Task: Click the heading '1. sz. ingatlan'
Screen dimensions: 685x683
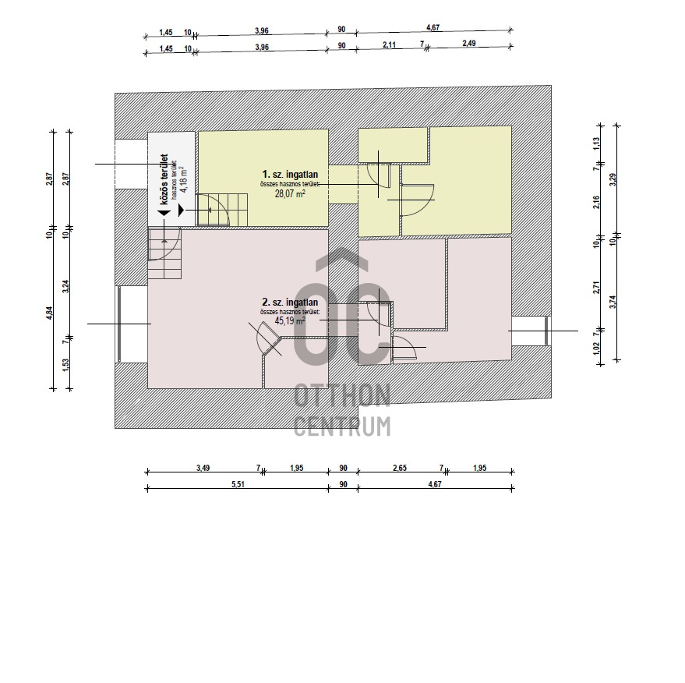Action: [290, 175]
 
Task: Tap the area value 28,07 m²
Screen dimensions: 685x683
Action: [290, 193]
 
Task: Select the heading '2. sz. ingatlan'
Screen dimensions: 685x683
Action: [290, 302]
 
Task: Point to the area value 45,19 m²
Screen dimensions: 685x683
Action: [290, 320]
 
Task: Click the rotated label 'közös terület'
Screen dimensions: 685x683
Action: [164, 179]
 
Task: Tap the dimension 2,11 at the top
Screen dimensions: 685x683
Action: [389, 44]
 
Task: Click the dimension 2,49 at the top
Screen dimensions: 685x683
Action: [469, 43]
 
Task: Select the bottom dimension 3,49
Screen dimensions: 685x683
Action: [203, 468]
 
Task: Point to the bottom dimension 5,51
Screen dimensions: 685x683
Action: [237, 484]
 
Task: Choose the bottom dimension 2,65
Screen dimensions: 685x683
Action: [400, 468]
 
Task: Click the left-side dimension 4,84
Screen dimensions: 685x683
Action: [49, 313]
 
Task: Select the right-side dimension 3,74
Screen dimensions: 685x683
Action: [613, 302]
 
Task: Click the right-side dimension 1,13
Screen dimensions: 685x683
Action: [597, 144]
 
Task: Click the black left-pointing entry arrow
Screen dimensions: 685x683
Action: [164, 212]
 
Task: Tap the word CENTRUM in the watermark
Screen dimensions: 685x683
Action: [342, 426]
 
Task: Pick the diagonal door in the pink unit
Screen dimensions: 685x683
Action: [267, 338]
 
